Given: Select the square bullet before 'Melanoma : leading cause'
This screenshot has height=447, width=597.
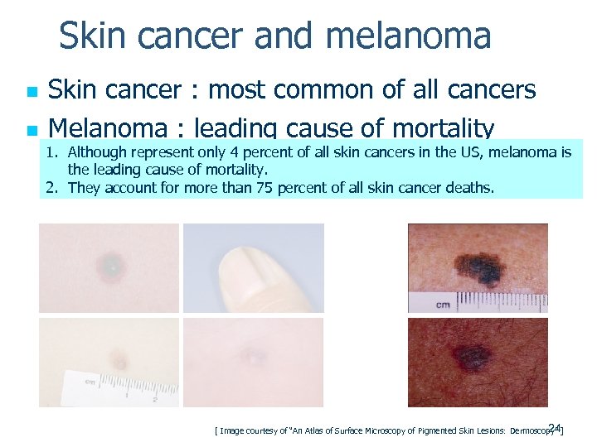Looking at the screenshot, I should (x=31, y=131).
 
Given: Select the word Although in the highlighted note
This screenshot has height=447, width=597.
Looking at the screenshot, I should (x=96, y=152).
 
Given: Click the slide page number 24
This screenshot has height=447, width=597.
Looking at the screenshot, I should (x=555, y=427).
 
